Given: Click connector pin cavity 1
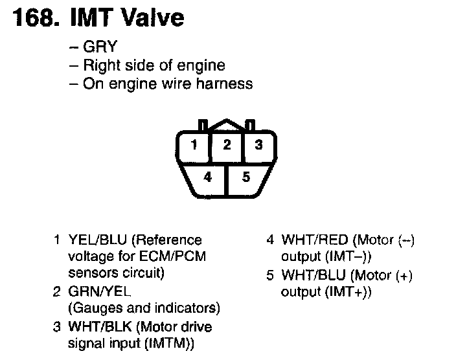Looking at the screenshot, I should (194, 145).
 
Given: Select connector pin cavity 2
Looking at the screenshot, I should (226, 145).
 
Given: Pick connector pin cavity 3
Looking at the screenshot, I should (258, 145).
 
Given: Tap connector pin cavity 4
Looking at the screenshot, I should (207, 176).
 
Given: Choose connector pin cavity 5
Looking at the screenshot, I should (245, 176).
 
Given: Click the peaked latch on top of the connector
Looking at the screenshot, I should (226, 123).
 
